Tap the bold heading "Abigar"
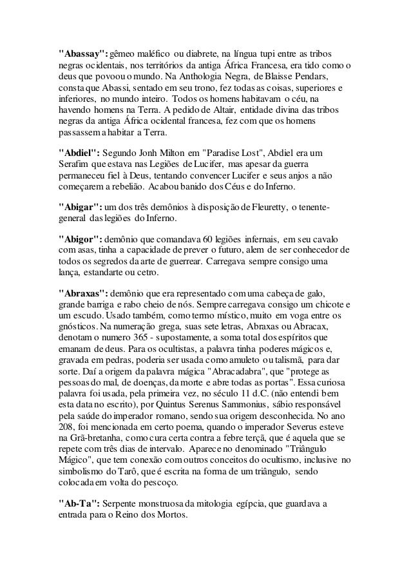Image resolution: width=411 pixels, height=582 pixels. (x=79, y=208)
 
